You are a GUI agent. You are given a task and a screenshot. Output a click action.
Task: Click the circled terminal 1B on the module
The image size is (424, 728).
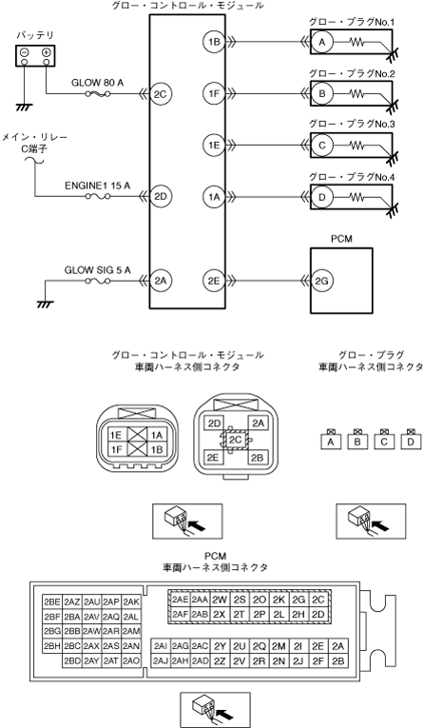(x=214, y=42)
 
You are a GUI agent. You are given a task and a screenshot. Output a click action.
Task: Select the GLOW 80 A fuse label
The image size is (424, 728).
(x=97, y=83)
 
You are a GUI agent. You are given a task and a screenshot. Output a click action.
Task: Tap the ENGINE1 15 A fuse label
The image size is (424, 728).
(x=97, y=186)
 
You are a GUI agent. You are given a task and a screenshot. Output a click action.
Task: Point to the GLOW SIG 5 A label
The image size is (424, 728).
(x=97, y=269)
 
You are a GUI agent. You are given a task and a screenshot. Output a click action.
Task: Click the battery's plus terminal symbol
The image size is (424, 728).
(x=46, y=52)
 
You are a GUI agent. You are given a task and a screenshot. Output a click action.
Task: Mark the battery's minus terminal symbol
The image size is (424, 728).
(x=24, y=52)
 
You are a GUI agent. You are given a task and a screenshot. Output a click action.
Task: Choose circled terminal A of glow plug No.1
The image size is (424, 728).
(x=322, y=42)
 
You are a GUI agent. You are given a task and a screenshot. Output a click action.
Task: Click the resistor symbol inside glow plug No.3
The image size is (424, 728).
(x=357, y=146)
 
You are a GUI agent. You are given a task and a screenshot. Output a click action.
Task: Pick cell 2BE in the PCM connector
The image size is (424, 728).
(x=52, y=602)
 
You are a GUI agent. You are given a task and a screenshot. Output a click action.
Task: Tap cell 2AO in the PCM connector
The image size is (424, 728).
(x=131, y=660)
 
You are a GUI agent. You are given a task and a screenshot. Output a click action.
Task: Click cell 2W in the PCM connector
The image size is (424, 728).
(x=220, y=600)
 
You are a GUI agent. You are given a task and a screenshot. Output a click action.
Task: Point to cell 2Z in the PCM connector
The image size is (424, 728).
(x=220, y=660)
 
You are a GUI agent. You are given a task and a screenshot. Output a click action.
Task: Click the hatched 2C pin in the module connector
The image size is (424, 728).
(x=235, y=440)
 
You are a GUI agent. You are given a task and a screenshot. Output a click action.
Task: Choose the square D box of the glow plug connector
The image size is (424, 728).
(x=411, y=442)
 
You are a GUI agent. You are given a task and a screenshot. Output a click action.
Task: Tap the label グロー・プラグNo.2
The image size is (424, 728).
(x=352, y=73)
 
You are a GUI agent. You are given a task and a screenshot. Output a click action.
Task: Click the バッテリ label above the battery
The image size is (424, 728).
(x=35, y=36)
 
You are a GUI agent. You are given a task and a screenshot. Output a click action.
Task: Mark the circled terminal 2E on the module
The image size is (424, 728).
(x=214, y=281)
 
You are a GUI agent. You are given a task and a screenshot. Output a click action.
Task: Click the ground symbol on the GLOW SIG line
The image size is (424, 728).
(x=45, y=305)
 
